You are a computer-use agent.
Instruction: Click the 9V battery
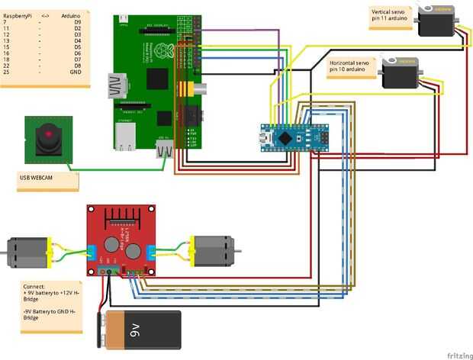(x=142, y=329)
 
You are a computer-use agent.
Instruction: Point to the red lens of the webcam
(x=49, y=136)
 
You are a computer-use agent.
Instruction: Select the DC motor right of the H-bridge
(x=214, y=251)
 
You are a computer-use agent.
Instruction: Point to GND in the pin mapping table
(x=75, y=72)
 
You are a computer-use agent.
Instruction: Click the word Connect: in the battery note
(x=34, y=286)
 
